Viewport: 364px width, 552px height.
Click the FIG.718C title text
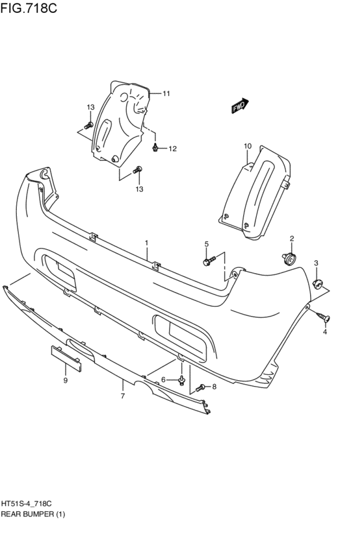(29, 8)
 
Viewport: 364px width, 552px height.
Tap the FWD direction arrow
(240, 105)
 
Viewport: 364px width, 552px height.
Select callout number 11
(166, 93)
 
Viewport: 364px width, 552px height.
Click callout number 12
(172, 149)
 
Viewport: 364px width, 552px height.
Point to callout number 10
(247, 146)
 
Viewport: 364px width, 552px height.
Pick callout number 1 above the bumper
(146, 243)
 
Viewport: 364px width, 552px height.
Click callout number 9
(65, 380)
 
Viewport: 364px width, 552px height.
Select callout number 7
(123, 396)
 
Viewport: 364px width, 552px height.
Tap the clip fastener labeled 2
(289, 259)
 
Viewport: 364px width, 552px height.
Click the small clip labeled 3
(318, 283)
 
